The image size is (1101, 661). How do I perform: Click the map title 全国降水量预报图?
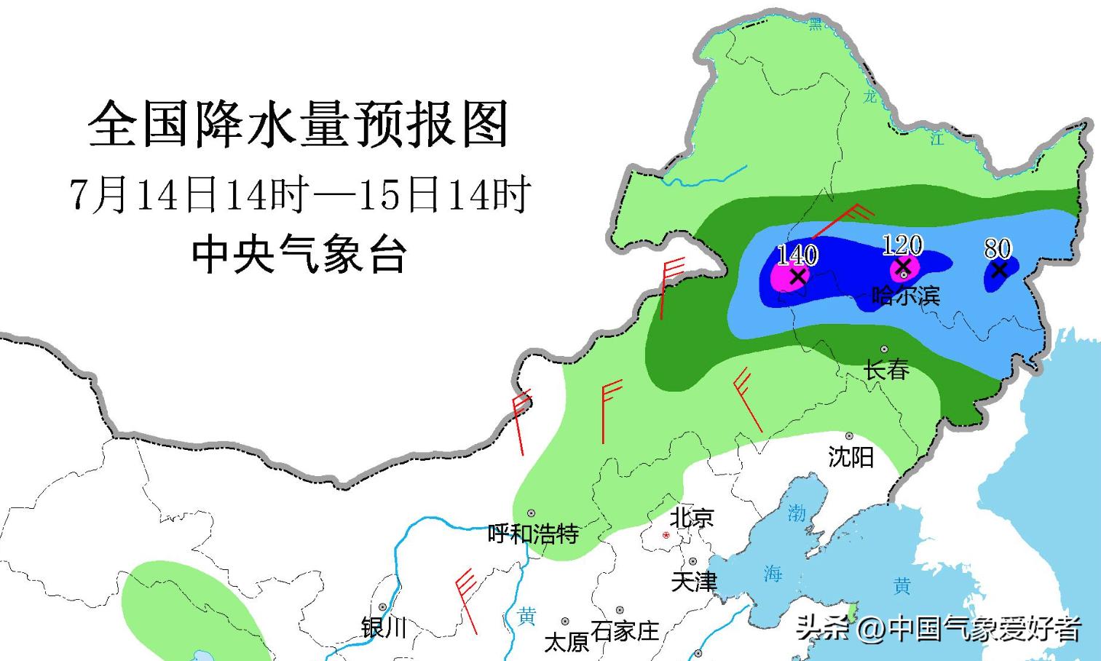pyautogui.click(x=298, y=124)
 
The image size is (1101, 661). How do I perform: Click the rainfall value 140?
pyautogui.click(x=797, y=255)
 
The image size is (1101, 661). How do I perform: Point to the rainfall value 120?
pyautogui.click(x=902, y=245)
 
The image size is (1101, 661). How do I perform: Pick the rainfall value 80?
pyautogui.click(x=998, y=249)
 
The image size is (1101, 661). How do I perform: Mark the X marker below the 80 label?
pyautogui.click(x=999, y=270)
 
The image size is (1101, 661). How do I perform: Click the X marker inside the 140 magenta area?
pyautogui.click(x=798, y=277)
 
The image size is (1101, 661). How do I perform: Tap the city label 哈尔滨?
pyautogui.click(x=906, y=296)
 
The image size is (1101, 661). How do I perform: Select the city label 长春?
pyautogui.click(x=886, y=370)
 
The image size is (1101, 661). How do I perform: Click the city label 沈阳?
pyautogui.click(x=851, y=457)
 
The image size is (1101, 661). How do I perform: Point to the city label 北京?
pyautogui.click(x=692, y=518)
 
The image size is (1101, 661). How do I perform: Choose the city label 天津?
pyautogui.click(x=694, y=582)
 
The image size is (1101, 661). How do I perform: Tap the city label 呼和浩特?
pyautogui.click(x=533, y=534)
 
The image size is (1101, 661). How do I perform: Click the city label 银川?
pyautogui.click(x=384, y=627)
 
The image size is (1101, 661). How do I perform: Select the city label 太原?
pyautogui.click(x=566, y=641)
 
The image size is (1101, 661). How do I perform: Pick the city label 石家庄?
pyautogui.click(x=625, y=630)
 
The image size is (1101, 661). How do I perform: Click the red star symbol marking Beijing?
pyautogui.click(x=666, y=535)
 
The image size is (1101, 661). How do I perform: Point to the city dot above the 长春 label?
pyautogui.click(x=885, y=349)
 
